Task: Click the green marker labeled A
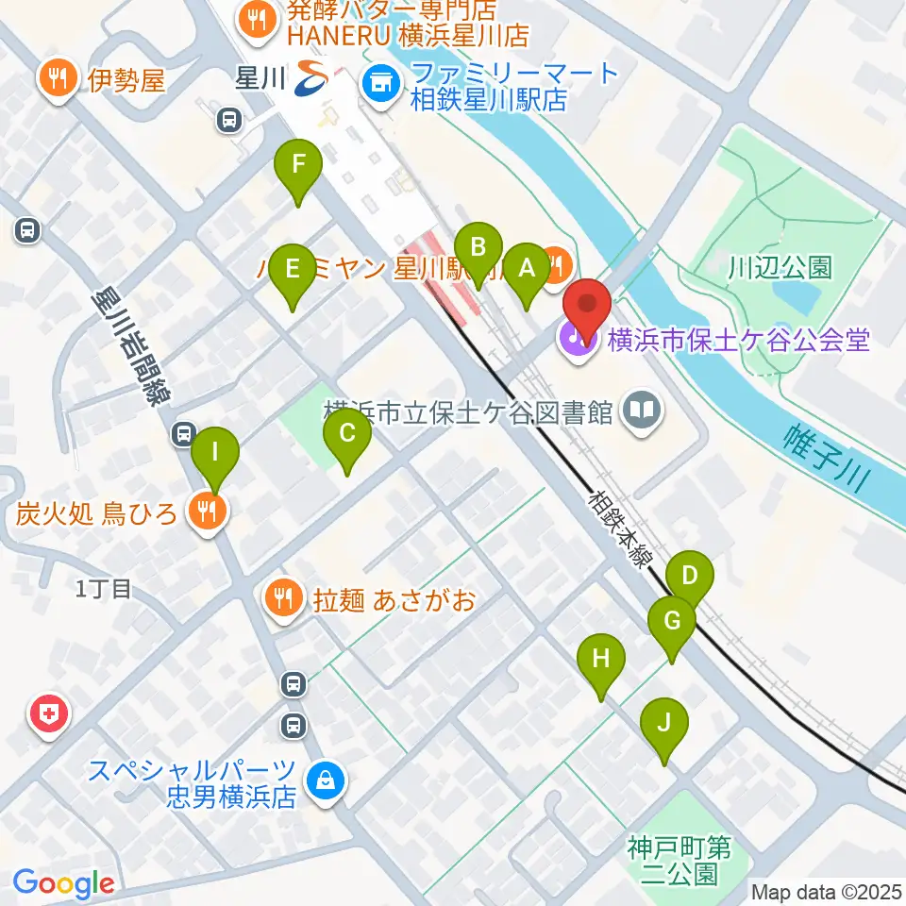tap(527, 268)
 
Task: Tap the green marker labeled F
tap(298, 165)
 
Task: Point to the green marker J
tap(664, 724)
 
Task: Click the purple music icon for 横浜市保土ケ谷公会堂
tap(577, 337)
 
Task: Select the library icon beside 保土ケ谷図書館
tap(643, 411)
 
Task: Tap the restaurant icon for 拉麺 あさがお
tap(282, 596)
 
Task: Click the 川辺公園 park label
tap(780, 267)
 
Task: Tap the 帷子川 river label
tap(827, 458)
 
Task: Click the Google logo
tap(63, 884)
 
